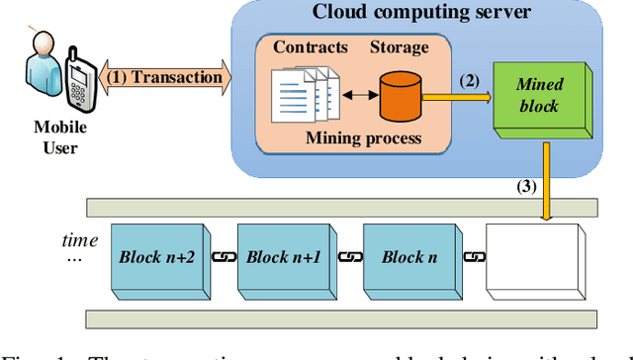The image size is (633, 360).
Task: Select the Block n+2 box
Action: point(159,257)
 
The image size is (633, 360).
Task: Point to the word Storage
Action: point(401,45)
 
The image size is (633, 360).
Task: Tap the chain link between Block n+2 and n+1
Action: point(223,256)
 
